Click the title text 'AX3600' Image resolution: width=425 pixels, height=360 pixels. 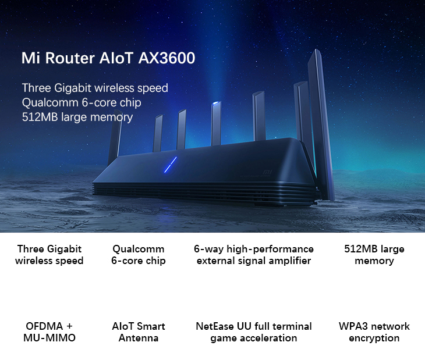pos(167,58)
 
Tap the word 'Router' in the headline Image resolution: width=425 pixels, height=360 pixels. pos(70,58)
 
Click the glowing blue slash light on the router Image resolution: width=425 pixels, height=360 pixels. pos(171,165)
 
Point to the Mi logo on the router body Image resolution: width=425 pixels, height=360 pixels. pos(267,172)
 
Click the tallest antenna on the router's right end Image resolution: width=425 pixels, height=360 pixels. pos(321,124)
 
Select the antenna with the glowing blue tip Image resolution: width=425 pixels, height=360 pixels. pos(216,123)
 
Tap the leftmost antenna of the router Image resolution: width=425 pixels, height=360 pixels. pos(115,138)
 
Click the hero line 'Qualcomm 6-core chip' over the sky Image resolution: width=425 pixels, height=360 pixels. pos(82,102)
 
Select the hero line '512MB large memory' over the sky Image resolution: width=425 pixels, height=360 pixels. pos(77,117)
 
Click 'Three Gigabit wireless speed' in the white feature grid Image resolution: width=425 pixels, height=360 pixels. pos(49,255)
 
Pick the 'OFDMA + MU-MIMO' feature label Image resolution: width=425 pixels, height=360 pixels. pos(49,332)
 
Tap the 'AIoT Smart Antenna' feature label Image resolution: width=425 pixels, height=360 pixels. pos(139,332)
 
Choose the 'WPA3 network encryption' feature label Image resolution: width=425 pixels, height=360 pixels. pos(374,332)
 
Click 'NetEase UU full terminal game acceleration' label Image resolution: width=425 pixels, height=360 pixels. pos(254,332)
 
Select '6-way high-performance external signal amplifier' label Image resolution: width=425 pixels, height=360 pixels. pos(254,255)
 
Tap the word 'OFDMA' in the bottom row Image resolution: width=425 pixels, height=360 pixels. pos(44,326)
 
